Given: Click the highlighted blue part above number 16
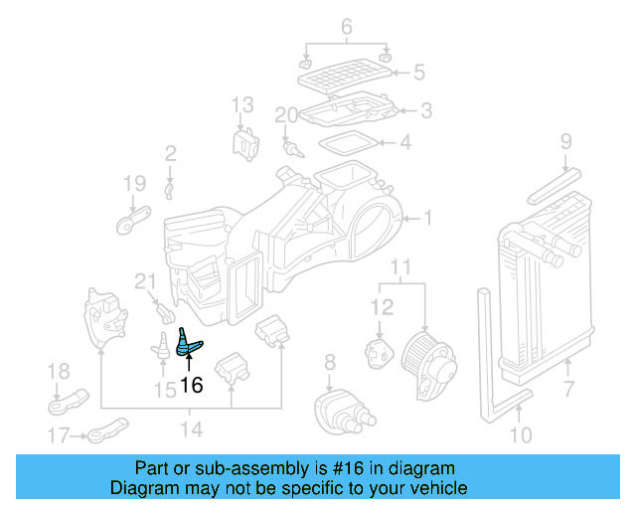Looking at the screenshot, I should pos(187,342).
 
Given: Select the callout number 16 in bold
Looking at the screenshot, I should pos(190,384).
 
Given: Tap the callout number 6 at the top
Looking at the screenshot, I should pos(346,27).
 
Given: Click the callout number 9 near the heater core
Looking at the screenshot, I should pos(565,141).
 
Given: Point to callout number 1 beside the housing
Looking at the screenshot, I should pos(428,218).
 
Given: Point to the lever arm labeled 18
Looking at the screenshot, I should pos(63,404).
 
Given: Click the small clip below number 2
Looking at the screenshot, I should pos(170,186).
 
